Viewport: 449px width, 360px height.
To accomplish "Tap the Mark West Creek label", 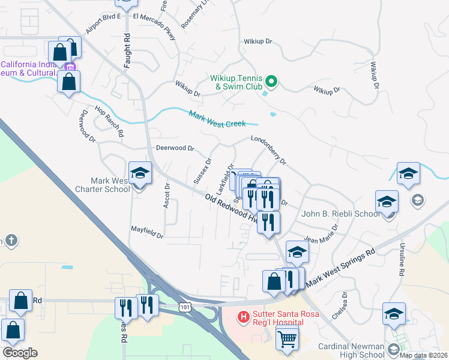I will point(217,119).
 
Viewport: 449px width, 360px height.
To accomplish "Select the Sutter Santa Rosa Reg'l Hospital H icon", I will point(244,316).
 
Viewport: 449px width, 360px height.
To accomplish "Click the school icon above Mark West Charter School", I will point(140,173).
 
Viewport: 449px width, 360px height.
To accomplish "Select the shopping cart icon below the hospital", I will point(287,339).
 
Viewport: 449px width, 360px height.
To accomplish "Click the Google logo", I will point(20,353).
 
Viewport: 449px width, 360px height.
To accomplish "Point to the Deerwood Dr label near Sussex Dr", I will point(175,148).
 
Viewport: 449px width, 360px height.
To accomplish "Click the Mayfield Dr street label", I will point(147,232).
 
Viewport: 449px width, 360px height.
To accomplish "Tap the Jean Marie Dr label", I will point(321,234).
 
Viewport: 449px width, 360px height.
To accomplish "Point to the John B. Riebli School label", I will point(340,214).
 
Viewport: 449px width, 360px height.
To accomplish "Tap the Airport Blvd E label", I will point(103,24).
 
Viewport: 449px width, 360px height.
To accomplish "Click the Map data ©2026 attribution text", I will point(423,355).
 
